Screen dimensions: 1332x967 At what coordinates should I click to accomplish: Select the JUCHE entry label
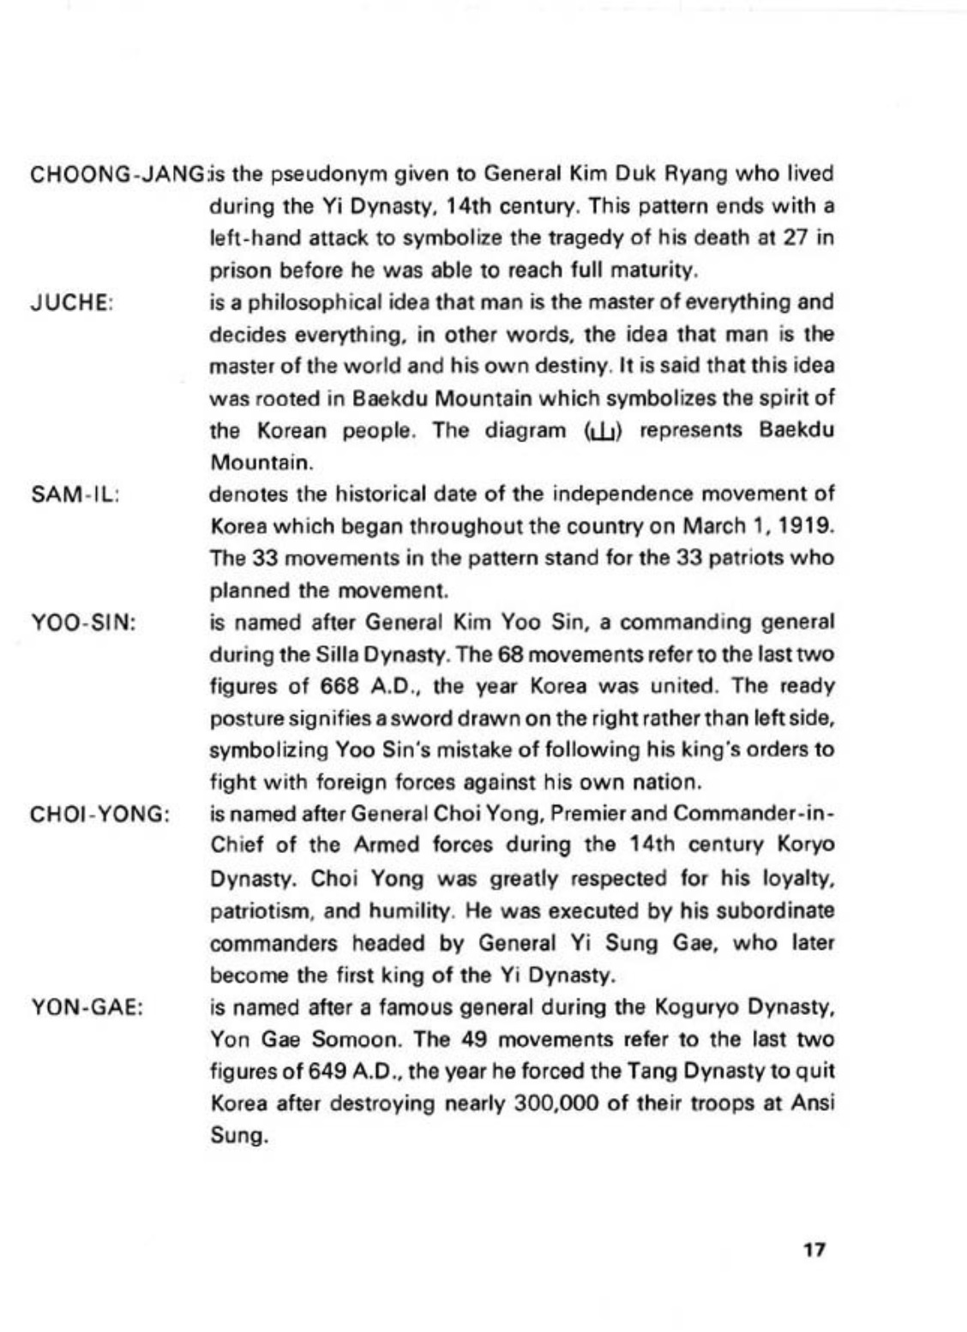pyautogui.click(x=72, y=303)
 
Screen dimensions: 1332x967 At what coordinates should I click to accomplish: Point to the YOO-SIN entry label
pyautogui.click(x=83, y=623)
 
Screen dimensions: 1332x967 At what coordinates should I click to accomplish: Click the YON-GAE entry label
pyautogui.click(x=86, y=1008)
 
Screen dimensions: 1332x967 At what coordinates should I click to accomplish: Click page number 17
pyautogui.click(x=814, y=1249)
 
